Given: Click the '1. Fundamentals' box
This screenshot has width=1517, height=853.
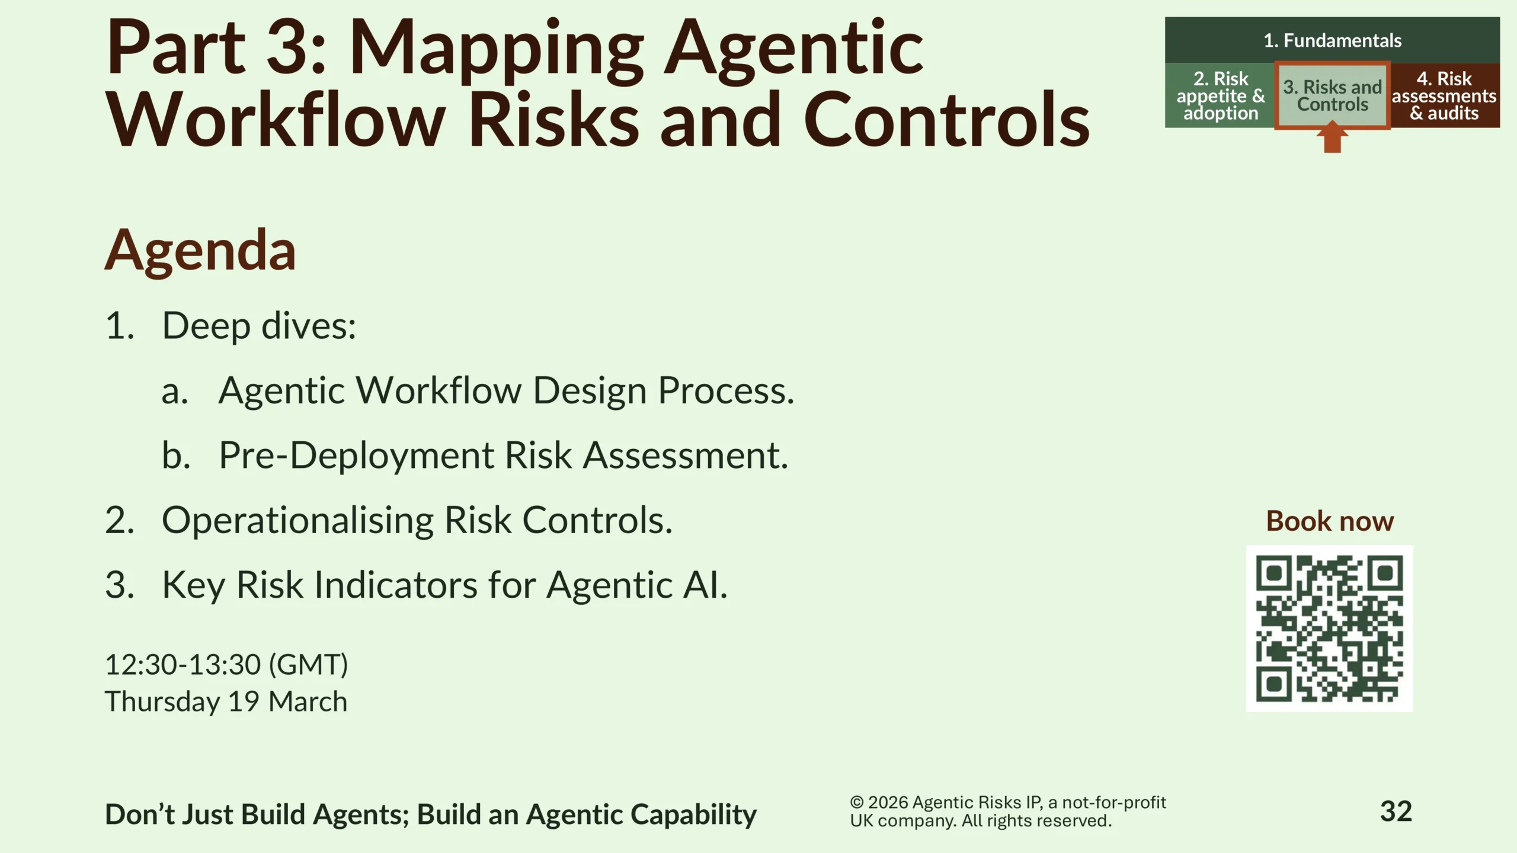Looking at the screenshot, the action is pos(1332,40).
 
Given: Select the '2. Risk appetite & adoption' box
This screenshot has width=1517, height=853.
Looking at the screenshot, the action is pos(1220,95).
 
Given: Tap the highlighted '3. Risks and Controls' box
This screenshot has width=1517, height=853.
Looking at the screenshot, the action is pos(1332,95).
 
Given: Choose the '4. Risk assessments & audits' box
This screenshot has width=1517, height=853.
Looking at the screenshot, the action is pos(1445,95).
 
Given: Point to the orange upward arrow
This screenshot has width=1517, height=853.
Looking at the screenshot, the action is pos(1332,137).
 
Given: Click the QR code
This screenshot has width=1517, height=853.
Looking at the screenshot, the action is pos(1329,628).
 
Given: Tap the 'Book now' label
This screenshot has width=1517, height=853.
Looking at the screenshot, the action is pos(1330,521).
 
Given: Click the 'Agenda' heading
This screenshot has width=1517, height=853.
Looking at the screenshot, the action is pos(200,251).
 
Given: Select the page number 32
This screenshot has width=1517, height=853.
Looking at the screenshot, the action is pos(1396,812).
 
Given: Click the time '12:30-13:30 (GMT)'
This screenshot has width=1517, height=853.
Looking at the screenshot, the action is pos(226,665).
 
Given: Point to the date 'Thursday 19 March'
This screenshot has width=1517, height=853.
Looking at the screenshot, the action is pos(226,702).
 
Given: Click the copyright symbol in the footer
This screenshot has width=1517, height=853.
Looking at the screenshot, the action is pos(857,802).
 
